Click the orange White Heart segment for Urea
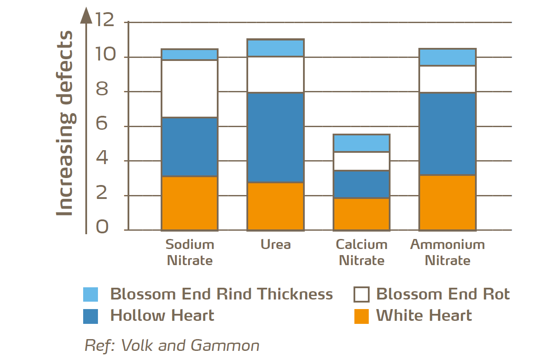click(x=275, y=206)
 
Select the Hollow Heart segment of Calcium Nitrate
click(x=361, y=184)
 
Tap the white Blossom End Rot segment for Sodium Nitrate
click(x=189, y=89)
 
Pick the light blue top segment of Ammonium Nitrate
click(x=447, y=57)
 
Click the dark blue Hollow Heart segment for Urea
click(x=275, y=138)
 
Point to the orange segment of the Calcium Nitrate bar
click(x=361, y=214)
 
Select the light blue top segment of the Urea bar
click(x=275, y=48)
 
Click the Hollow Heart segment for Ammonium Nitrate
click(x=447, y=134)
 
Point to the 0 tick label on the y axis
click(x=103, y=227)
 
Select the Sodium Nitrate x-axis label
click(x=190, y=252)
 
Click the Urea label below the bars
click(x=276, y=244)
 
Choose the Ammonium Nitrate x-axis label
click(x=447, y=252)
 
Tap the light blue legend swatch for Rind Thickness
click(x=91, y=294)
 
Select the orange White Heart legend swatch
click(x=361, y=316)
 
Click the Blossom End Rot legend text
click(x=443, y=294)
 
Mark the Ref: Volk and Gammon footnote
click(x=172, y=345)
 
